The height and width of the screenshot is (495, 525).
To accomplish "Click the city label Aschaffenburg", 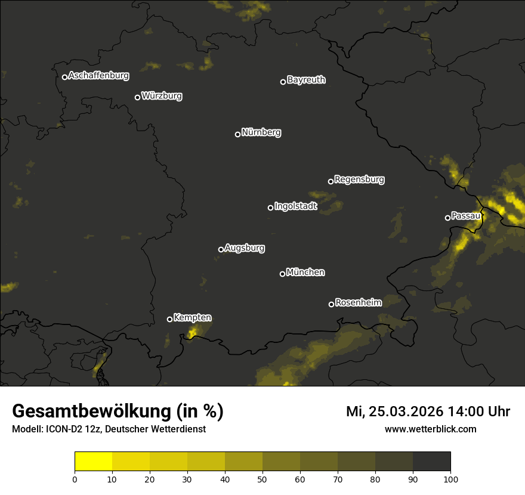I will [x=98, y=76].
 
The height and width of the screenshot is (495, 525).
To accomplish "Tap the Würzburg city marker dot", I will [x=137, y=97].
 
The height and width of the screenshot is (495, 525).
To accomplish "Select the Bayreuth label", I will [x=306, y=80].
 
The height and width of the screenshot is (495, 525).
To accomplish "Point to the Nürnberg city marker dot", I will [x=237, y=134].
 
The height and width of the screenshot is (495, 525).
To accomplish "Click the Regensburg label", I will [x=359, y=179].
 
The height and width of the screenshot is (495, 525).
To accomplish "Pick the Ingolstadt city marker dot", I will [x=270, y=208].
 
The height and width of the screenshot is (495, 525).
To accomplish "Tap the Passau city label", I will [x=465, y=215].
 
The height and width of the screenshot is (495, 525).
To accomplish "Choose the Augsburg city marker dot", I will [x=221, y=249].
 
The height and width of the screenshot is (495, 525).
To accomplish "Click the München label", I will [x=305, y=272].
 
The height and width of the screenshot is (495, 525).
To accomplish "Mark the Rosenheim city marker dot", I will [x=331, y=304].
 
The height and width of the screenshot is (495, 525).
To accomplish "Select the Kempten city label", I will [x=192, y=317].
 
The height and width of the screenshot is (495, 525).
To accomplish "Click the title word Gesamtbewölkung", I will [x=89, y=412].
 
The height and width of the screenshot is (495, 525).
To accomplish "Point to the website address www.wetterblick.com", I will [x=430, y=429].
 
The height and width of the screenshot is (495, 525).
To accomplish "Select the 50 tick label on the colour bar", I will [x=262, y=478].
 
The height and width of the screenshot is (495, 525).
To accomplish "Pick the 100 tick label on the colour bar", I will [x=450, y=478].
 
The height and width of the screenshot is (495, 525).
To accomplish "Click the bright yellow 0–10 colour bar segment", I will [x=94, y=462].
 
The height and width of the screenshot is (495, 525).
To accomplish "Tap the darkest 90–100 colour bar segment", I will [x=431, y=462].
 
